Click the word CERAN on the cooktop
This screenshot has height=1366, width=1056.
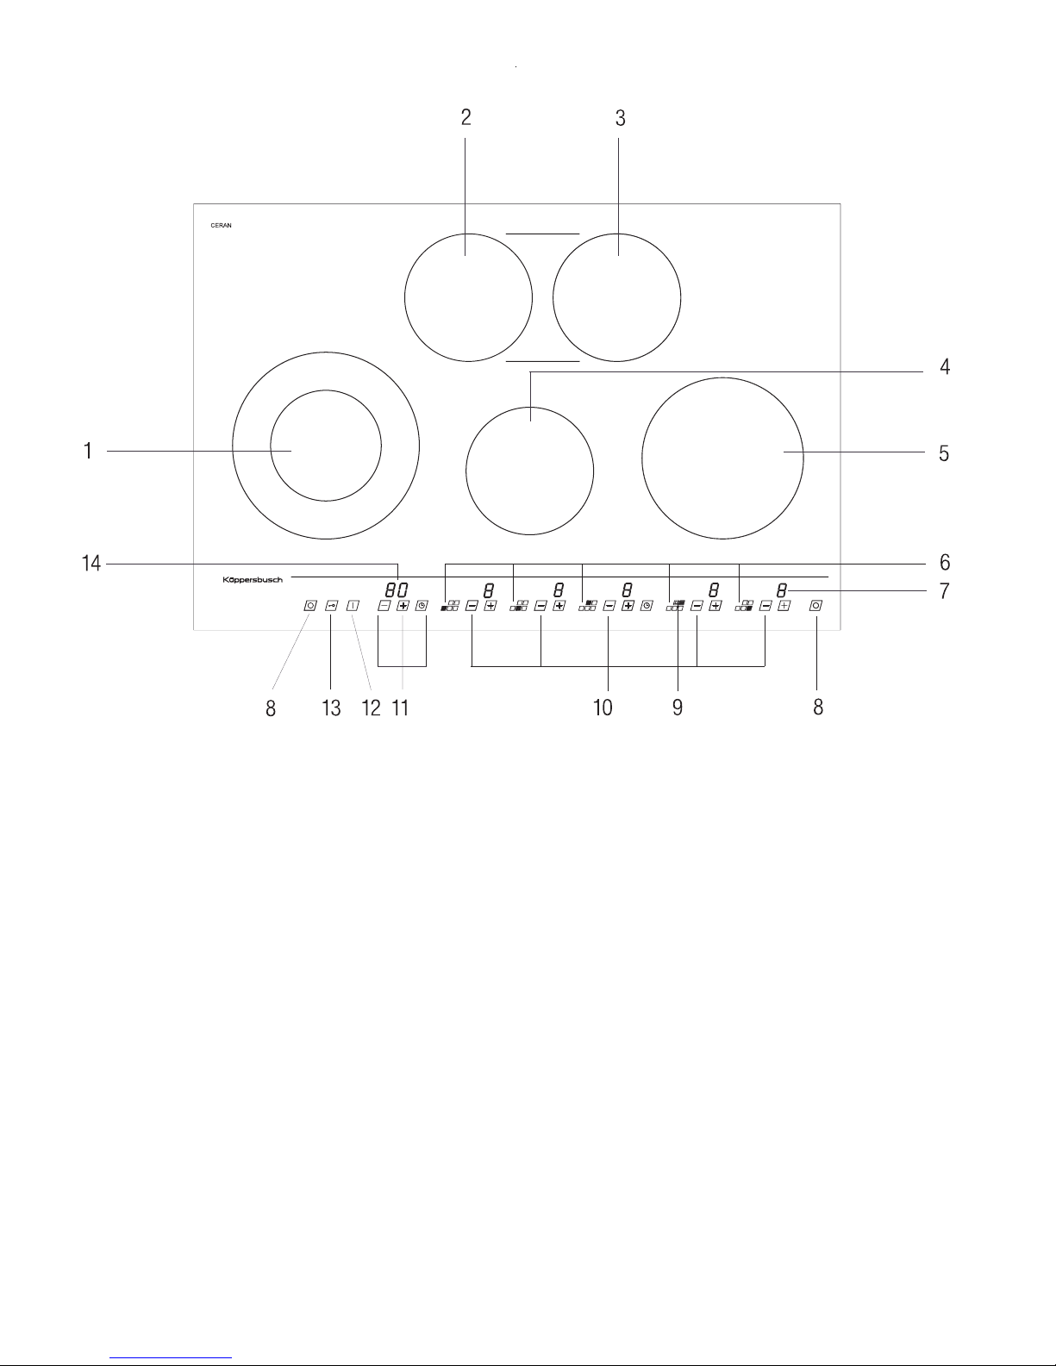pos(221,225)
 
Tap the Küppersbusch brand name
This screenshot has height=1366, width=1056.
pos(253,580)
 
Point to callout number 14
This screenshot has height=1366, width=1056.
pos(91,564)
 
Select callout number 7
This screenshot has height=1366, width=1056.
pos(944,591)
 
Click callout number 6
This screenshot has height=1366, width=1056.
pos(944,562)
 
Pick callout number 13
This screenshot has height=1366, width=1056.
pos(331,708)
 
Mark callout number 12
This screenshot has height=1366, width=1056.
pos(371,708)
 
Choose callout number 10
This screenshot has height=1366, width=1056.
pos(603,708)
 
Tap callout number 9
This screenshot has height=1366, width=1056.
pos(677,708)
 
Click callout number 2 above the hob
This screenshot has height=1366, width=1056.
pos(466,117)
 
